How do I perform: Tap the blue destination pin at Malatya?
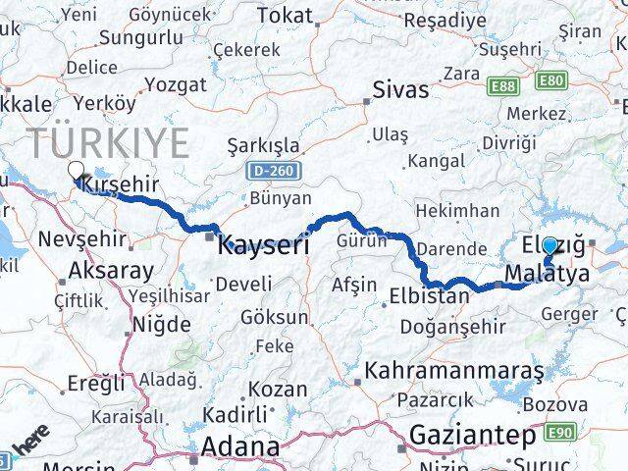(x=549, y=249)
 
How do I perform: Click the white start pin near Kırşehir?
(x=76, y=173)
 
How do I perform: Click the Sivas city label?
(x=400, y=89)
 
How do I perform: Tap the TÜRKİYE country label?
(x=108, y=143)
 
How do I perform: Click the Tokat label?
(x=284, y=16)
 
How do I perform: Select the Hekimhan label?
(x=456, y=211)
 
